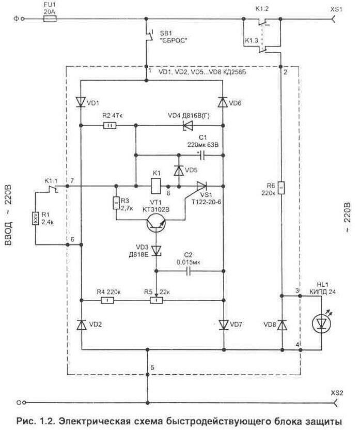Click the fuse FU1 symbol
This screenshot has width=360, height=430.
[x=50, y=19]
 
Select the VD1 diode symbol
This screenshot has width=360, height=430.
[x=81, y=102]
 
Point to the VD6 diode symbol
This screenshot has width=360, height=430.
[x=223, y=102]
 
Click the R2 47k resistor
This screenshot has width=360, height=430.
[x=110, y=126]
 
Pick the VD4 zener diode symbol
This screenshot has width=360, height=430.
[x=188, y=126]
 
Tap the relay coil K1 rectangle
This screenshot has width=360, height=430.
[x=156, y=186]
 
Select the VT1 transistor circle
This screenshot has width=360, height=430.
[x=156, y=223]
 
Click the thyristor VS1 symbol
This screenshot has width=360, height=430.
[x=201, y=186]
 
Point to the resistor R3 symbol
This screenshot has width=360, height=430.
[x=116, y=203]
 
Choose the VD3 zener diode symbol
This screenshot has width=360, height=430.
[x=156, y=250]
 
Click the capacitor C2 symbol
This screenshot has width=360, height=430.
[x=189, y=271]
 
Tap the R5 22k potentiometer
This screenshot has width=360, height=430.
[x=156, y=300]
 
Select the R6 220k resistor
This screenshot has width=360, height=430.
[x=281, y=188]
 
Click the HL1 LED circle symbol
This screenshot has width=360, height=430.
[x=321, y=324]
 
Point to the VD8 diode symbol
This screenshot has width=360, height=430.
[x=282, y=325]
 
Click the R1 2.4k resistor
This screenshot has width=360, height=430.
[x=36, y=219]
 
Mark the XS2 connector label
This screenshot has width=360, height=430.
[x=336, y=393]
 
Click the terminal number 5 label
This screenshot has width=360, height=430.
[x=152, y=368]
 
